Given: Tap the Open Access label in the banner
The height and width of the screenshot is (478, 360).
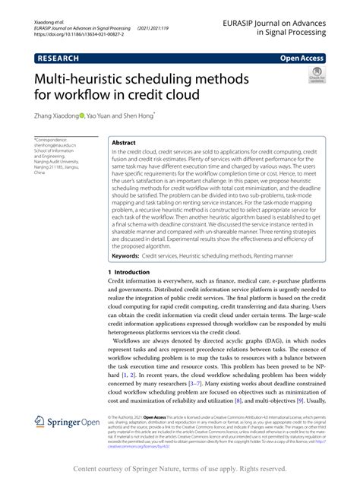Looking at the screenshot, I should [302, 57].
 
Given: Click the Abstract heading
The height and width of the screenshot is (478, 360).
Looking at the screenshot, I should [124, 142].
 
